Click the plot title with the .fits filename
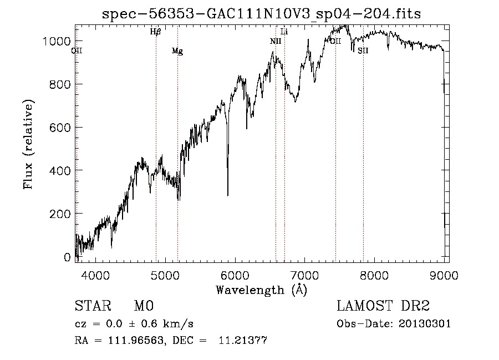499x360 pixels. click(x=261, y=14)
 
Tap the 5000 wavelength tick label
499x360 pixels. click(x=165, y=275)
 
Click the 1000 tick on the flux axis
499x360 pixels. click(x=57, y=41)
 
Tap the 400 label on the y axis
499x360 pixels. click(x=60, y=170)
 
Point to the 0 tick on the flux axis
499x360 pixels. click(x=68, y=257)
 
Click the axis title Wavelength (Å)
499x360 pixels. click(x=261, y=290)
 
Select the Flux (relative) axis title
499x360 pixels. click(x=28, y=144)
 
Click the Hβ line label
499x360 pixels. click(x=155, y=32)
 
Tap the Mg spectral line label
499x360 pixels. click(x=177, y=52)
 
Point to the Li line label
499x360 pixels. click(x=284, y=32)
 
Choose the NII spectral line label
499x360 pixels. click(x=276, y=41)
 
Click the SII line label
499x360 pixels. click(x=363, y=51)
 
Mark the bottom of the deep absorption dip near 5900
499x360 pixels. click(x=227, y=195)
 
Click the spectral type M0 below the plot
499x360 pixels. click(x=143, y=306)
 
